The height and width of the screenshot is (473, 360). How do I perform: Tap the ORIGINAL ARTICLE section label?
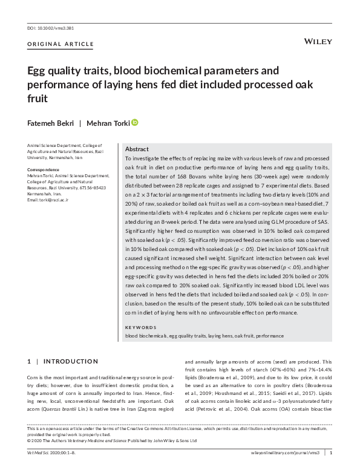(61, 44)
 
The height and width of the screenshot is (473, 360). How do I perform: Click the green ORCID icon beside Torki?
(135, 122)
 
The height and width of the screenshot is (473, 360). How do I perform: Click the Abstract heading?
(137, 149)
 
